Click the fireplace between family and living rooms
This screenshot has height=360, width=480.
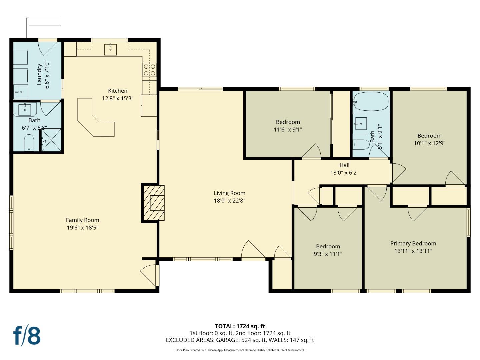(x=154, y=203)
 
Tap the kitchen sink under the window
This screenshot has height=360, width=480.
(x=110, y=49)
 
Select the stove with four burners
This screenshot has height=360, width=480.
(x=149, y=70)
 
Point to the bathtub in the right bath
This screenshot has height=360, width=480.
(x=371, y=102)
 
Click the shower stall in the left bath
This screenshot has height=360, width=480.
(x=51, y=140)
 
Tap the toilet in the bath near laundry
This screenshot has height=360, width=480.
(x=29, y=142)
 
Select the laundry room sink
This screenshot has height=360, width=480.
(x=21, y=91)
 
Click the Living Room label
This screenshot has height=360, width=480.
(x=229, y=193)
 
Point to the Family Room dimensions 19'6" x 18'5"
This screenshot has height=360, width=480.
(x=82, y=228)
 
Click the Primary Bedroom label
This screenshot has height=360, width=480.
(x=413, y=243)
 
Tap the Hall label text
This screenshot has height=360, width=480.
(x=344, y=165)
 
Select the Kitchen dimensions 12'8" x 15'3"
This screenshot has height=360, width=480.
(x=118, y=98)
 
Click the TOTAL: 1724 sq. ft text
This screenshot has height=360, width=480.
(x=240, y=326)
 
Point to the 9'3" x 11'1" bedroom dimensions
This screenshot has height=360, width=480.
(x=328, y=254)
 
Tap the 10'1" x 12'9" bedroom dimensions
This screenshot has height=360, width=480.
(x=429, y=143)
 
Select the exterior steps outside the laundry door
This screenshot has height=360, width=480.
(x=44, y=28)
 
